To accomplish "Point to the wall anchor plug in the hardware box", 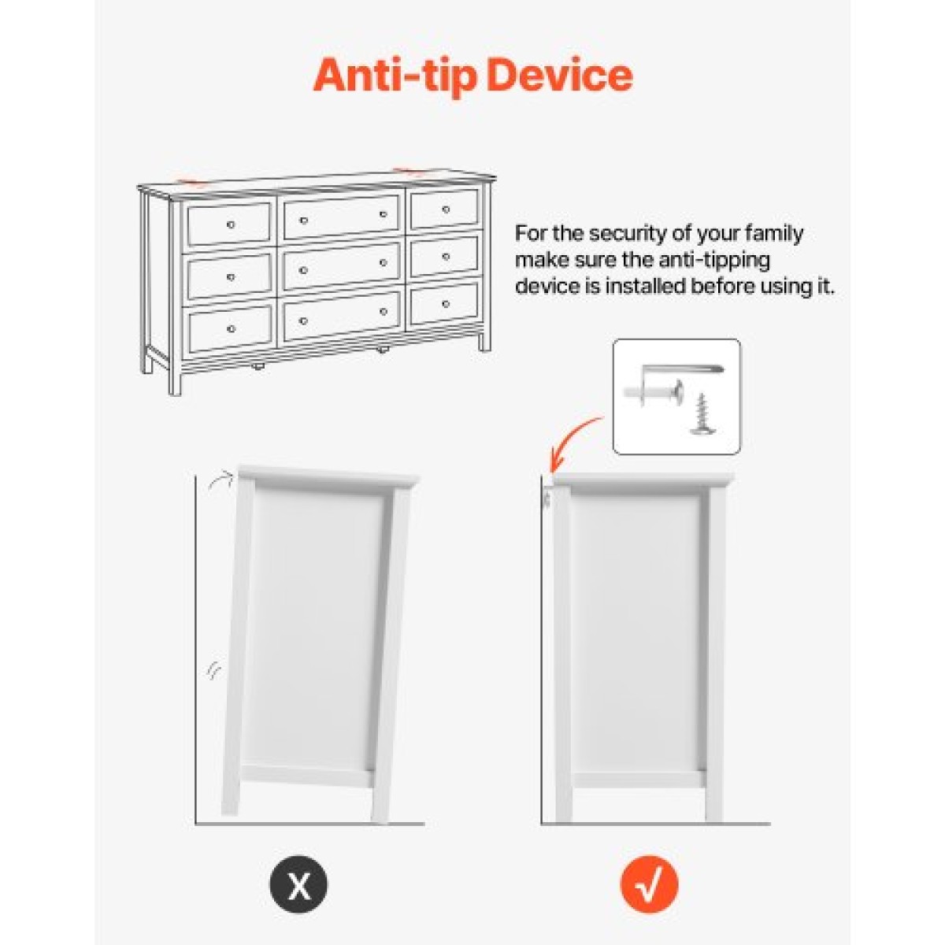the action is point(654,391).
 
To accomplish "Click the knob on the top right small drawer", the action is point(445,209).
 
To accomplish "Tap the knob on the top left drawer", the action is point(231,224).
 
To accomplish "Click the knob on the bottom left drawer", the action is point(231,328).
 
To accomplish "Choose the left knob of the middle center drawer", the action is point(303,270).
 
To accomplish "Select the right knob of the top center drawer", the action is point(384,214).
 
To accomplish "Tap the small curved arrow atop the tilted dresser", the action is point(219,480).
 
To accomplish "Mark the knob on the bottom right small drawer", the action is point(445,304).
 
